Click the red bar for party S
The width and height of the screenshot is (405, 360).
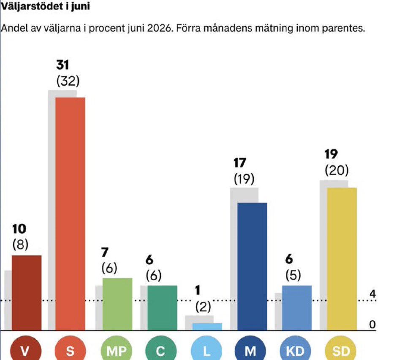(x=70, y=214)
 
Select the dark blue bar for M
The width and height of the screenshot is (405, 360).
(x=252, y=266)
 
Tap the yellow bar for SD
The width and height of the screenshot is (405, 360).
(x=342, y=259)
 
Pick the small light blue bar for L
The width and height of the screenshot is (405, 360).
(x=207, y=327)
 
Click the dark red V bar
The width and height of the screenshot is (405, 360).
(x=27, y=292)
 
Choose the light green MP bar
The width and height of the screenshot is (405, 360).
(x=117, y=304)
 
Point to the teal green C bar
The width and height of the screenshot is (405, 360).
(x=162, y=308)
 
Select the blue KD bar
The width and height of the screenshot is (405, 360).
(x=297, y=308)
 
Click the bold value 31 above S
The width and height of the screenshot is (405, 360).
(x=63, y=65)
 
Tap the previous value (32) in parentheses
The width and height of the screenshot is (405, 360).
(x=68, y=81)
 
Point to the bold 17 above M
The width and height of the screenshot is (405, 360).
(x=240, y=163)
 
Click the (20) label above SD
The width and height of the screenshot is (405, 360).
(x=337, y=171)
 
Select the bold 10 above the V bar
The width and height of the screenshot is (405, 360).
(x=19, y=229)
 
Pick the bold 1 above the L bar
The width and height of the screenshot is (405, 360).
(x=198, y=290)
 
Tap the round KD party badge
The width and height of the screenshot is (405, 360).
(x=296, y=350)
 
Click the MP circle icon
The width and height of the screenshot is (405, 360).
(x=116, y=350)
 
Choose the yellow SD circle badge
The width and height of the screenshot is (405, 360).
(x=341, y=350)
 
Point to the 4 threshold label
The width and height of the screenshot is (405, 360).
(x=372, y=294)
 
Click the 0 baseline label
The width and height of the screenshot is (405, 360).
(x=372, y=325)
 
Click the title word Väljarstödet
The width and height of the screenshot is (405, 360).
(x=32, y=6)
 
